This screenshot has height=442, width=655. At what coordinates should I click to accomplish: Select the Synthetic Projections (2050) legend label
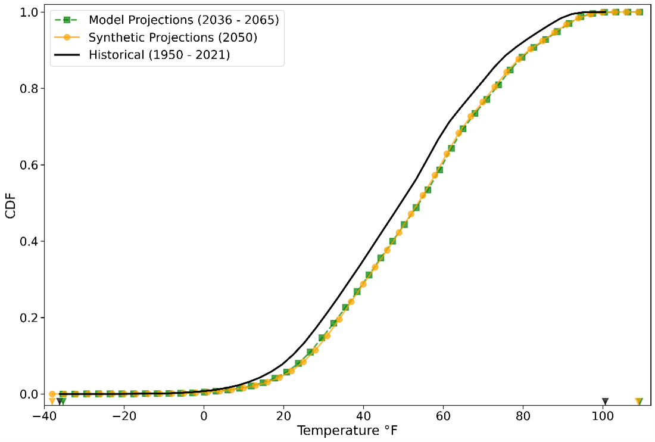click(173, 37)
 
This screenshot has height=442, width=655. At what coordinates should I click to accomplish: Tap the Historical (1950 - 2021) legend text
click(159, 55)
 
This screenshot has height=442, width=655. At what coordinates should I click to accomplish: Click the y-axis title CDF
click(10, 203)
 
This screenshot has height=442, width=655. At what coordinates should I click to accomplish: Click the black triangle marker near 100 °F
click(605, 401)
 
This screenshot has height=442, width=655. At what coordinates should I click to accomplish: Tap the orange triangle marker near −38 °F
click(52, 401)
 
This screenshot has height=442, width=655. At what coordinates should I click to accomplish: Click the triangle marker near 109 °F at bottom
click(638, 401)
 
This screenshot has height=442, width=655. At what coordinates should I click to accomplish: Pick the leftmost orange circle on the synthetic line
click(52, 394)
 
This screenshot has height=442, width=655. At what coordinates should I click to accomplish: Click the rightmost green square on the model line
click(639, 12)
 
